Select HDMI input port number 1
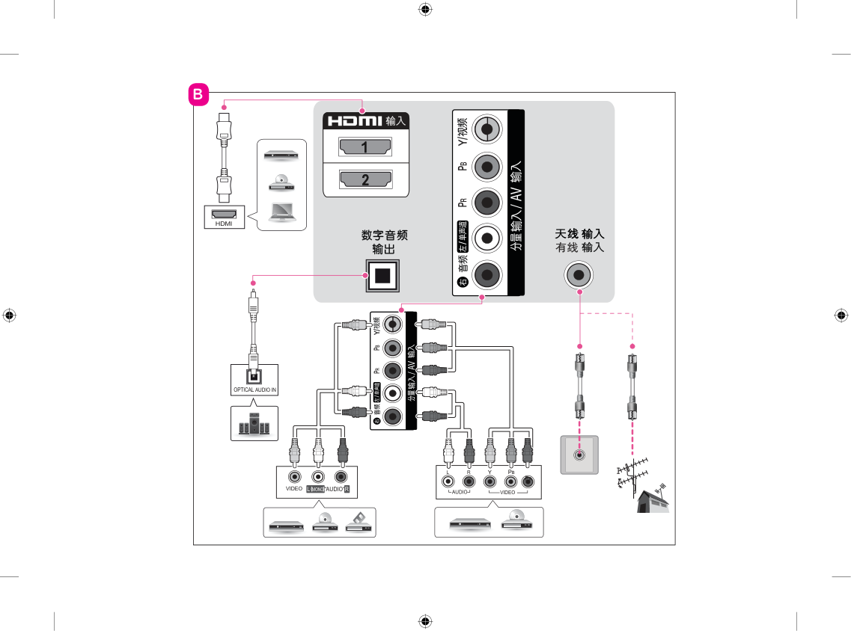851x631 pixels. [365, 147]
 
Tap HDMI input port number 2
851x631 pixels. [365, 179]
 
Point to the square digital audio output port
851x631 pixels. [382, 275]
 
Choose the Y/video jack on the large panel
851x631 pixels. [488, 129]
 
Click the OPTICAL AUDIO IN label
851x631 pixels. [254, 390]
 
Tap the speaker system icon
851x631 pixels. [254, 425]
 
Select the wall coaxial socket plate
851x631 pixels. [579, 454]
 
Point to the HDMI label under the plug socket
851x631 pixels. [224, 223]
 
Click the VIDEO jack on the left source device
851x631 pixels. [295, 476]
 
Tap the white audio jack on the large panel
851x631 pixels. [488, 238]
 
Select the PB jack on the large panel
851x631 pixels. [488, 165]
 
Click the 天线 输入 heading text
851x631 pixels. [579, 233]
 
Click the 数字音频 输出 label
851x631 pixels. [384, 241]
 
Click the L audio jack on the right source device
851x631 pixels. [448, 481]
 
